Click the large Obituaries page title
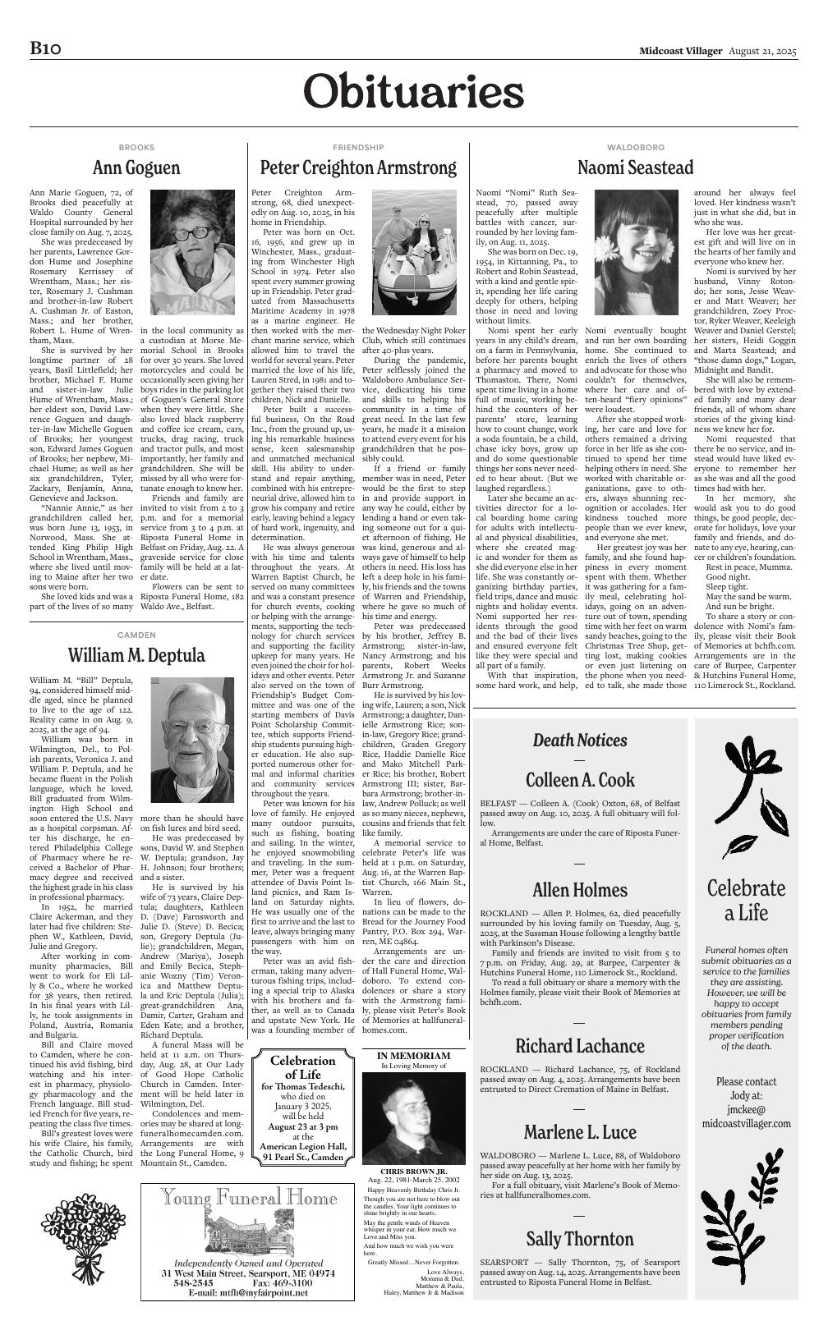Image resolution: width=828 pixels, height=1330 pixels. pyautogui.click(x=413, y=91)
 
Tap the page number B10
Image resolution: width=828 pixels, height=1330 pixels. pyautogui.click(x=46, y=49)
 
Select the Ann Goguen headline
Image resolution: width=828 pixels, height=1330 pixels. pyautogui.click(x=136, y=168)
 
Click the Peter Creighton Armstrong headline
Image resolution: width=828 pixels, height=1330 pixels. pyautogui.click(x=358, y=168)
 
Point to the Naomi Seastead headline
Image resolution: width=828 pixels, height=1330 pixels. pyautogui.click(x=635, y=168)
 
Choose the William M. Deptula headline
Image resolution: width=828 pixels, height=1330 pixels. pyautogui.click(x=136, y=656)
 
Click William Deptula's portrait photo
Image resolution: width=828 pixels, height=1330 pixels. pyautogui.click(x=192, y=740)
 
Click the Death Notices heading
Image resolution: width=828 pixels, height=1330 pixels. pyautogui.click(x=579, y=741)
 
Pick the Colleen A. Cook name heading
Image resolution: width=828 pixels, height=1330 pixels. pyautogui.click(x=580, y=779)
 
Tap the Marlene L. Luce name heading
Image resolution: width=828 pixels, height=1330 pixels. pyautogui.click(x=580, y=1132)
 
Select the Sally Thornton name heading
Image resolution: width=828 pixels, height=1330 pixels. pyautogui.click(x=580, y=1239)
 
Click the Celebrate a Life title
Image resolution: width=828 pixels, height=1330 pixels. pyautogui.click(x=746, y=901)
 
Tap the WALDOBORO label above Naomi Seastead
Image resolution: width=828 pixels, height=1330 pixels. pyautogui.click(x=635, y=147)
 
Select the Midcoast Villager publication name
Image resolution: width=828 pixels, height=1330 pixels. pyautogui.click(x=681, y=51)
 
